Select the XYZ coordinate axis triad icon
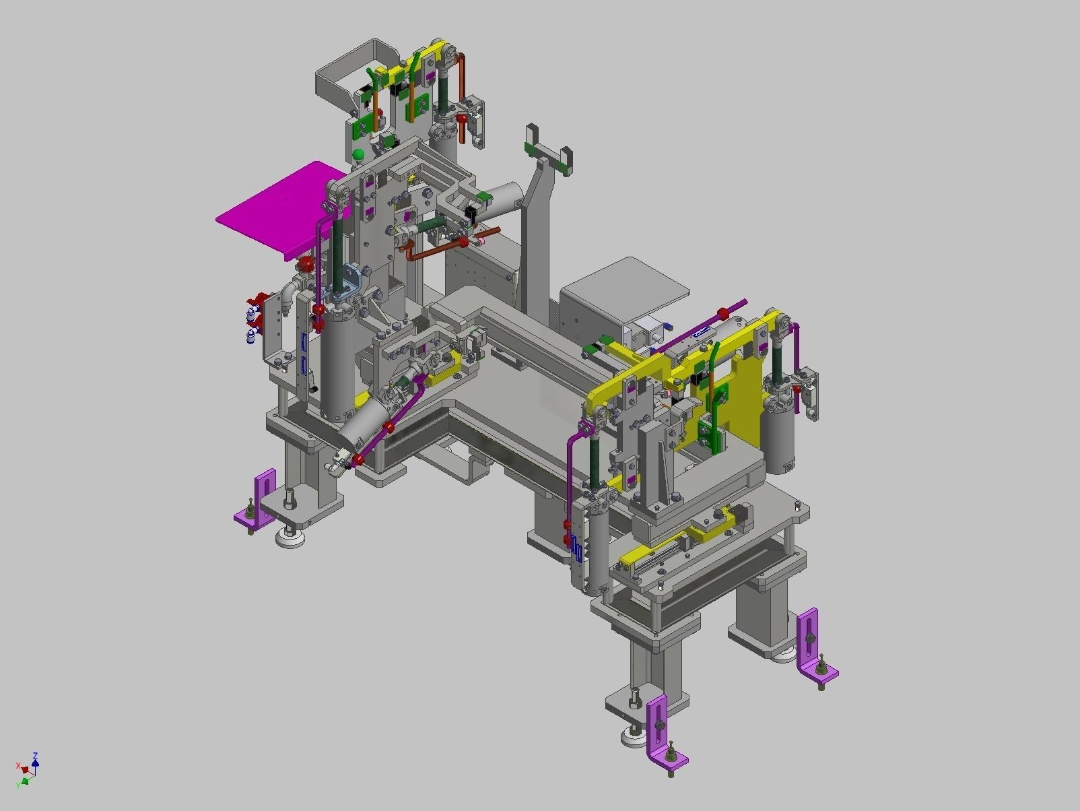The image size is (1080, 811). (28, 771)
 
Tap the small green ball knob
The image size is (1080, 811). (359, 156)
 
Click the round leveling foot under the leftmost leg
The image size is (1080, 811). (290, 537)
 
